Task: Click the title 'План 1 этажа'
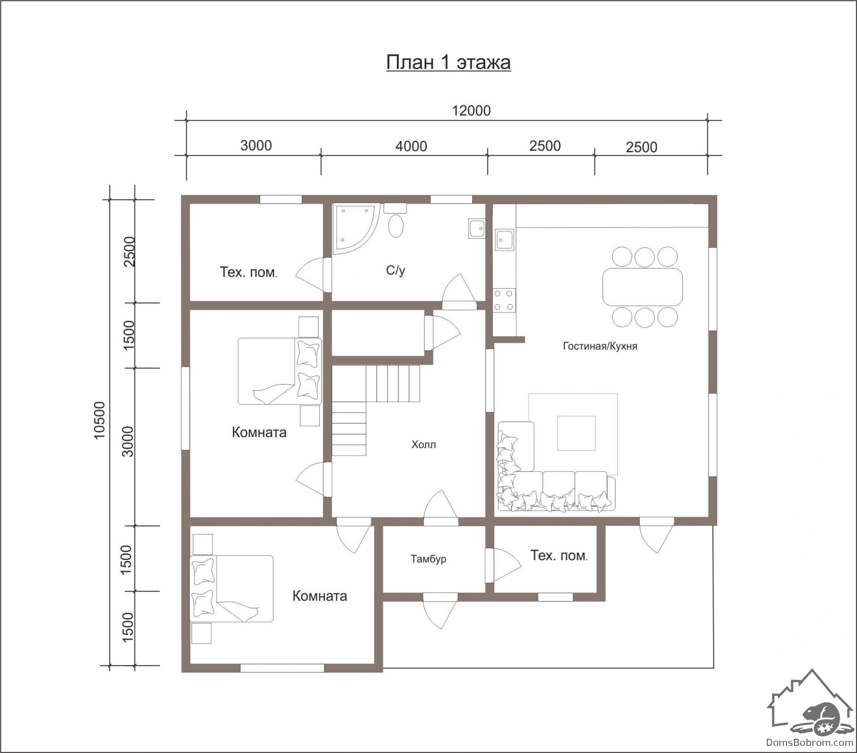pos(448,62)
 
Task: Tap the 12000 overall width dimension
pos(471,110)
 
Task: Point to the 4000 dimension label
pos(411,146)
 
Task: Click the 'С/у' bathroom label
pos(395,270)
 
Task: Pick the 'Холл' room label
pos(424,444)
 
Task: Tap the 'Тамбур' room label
pos(428,559)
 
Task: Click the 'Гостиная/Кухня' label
pos(600,346)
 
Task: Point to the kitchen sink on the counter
pos(505,239)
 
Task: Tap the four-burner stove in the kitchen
pos(504,300)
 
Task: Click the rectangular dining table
pos(643,287)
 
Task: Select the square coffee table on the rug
pos(576,433)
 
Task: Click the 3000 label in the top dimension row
pos(256,145)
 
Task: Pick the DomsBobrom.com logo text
pos(810,742)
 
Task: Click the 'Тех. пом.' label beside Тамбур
pos(559,556)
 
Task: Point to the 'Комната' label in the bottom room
pos(320,596)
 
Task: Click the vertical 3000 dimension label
pos(128,441)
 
